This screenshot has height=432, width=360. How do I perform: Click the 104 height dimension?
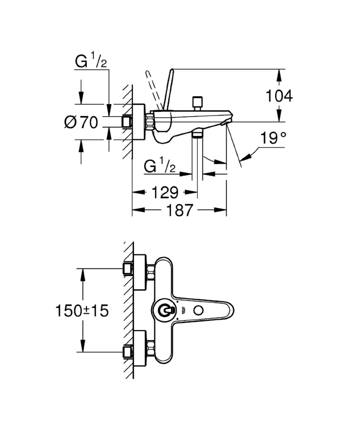coord(280,96)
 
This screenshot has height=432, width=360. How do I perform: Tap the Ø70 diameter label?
coord(81,123)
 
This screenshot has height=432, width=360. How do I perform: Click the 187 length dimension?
coord(180,210)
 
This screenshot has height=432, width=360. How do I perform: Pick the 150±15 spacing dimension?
coord(82,310)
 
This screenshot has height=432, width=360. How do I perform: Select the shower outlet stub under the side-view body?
coord(197,135)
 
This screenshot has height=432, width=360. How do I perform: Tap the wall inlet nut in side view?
coord(128,122)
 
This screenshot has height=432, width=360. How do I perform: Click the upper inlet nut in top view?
coord(128,268)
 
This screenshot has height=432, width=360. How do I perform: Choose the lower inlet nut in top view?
coord(128,353)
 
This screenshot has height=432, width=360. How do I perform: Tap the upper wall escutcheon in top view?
coord(139,268)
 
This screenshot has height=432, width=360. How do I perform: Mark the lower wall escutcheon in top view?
coord(139,353)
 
